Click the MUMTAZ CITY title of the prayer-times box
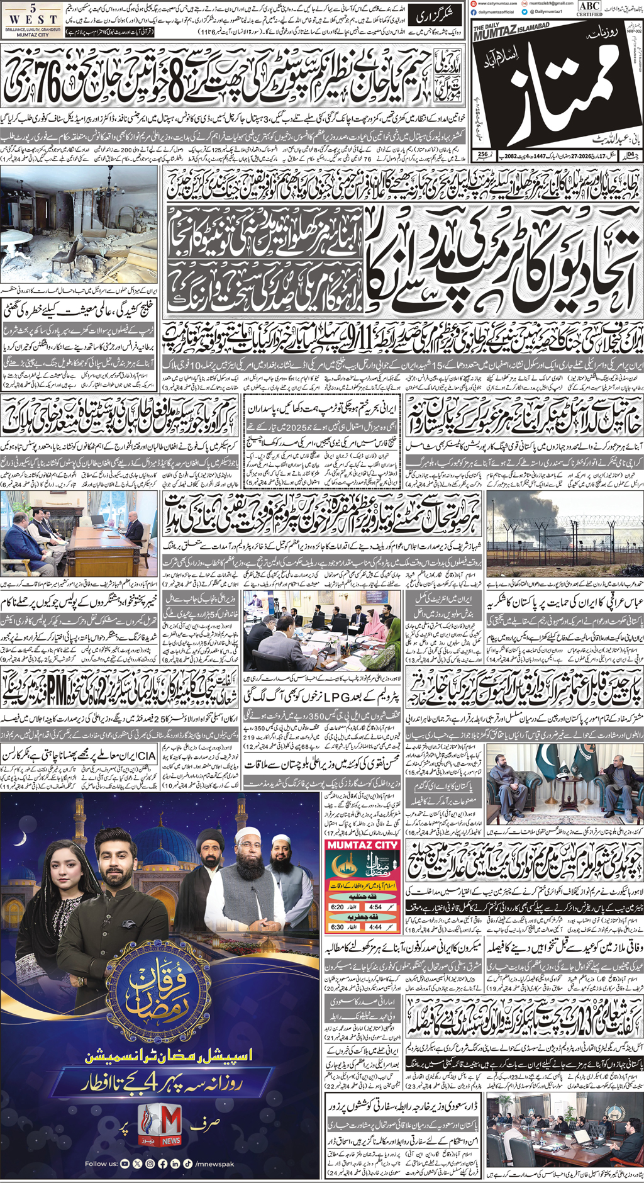point(362,845)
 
